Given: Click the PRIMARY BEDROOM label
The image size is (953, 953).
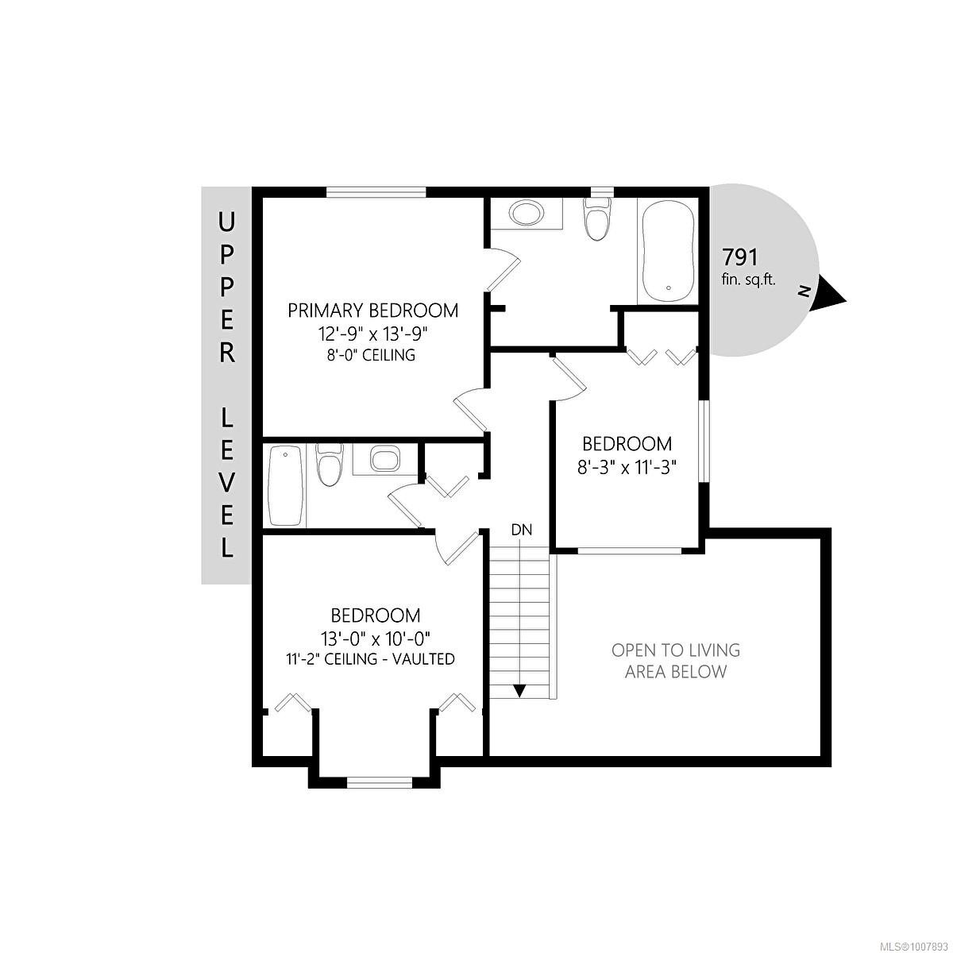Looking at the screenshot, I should (372, 310).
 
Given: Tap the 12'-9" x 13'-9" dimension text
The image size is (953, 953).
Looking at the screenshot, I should (372, 333).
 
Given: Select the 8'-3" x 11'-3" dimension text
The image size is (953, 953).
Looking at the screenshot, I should (627, 467).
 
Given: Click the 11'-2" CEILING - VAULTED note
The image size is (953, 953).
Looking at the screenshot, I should (370, 658).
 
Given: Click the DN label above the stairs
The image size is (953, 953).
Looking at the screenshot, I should (521, 530).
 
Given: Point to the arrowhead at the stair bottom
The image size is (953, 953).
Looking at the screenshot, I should (519, 691).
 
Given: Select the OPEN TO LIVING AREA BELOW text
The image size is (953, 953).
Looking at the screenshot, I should (675, 661).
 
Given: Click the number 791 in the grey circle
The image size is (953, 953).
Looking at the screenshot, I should (739, 257).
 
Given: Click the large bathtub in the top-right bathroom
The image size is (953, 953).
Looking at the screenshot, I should (668, 250).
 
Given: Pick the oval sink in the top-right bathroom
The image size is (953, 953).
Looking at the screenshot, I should (526, 213).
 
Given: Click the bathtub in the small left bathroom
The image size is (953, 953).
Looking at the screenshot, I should (285, 485).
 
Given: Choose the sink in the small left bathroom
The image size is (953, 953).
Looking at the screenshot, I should (384, 460).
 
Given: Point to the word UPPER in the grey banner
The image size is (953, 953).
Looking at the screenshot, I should (227, 286).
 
